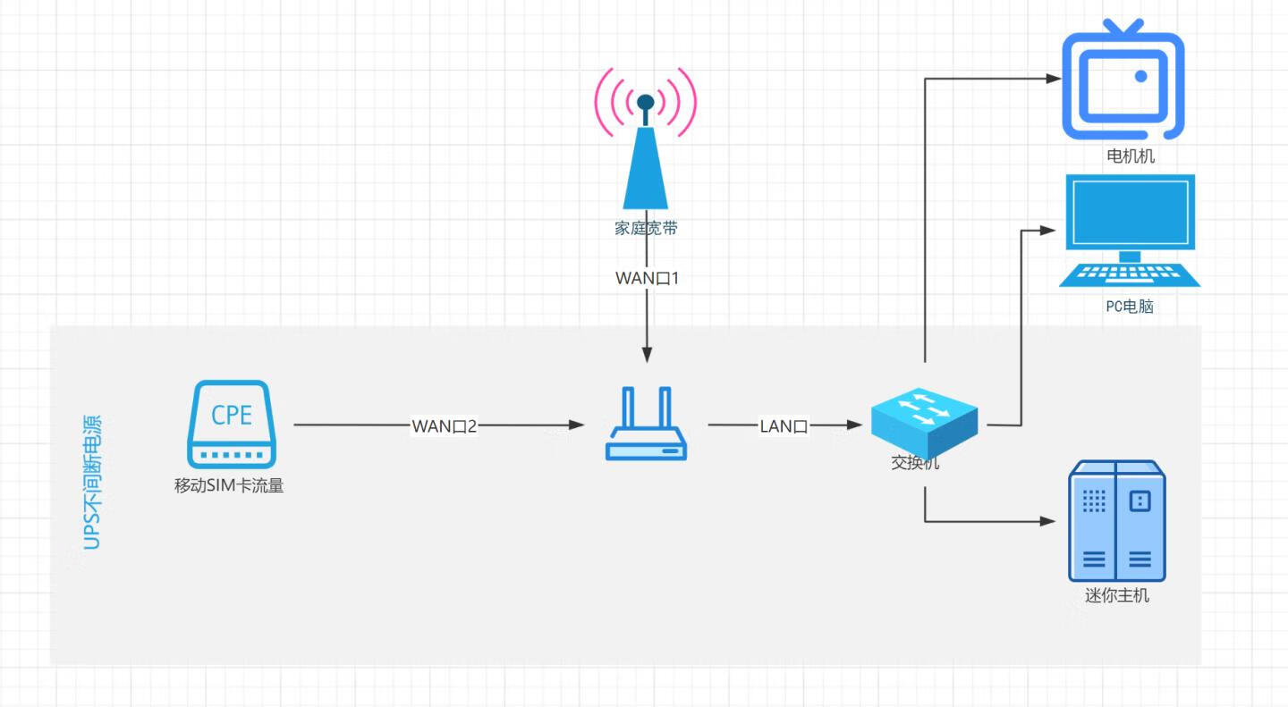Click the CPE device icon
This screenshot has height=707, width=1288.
click(232, 424)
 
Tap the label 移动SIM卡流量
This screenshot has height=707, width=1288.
click(229, 487)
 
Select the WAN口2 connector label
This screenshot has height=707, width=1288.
click(445, 426)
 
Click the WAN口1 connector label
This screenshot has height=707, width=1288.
click(648, 279)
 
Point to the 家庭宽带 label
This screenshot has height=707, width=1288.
click(646, 228)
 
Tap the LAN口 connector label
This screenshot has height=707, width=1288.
click(784, 426)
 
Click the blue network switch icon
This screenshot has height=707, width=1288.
click(924, 423)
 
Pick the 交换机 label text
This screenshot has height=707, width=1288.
click(915, 463)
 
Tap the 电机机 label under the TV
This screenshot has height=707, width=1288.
click(1131, 156)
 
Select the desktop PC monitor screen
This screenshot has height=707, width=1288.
click(1131, 213)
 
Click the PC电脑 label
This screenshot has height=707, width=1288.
click(1130, 307)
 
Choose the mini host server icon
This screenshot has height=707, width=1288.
click(1117, 520)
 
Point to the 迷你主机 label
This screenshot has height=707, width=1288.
click(1117, 595)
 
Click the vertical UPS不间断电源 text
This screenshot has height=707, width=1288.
click(92, 482)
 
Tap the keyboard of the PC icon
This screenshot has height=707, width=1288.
click(1130, 274)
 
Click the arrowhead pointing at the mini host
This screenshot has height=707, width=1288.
click(1048, 521)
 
